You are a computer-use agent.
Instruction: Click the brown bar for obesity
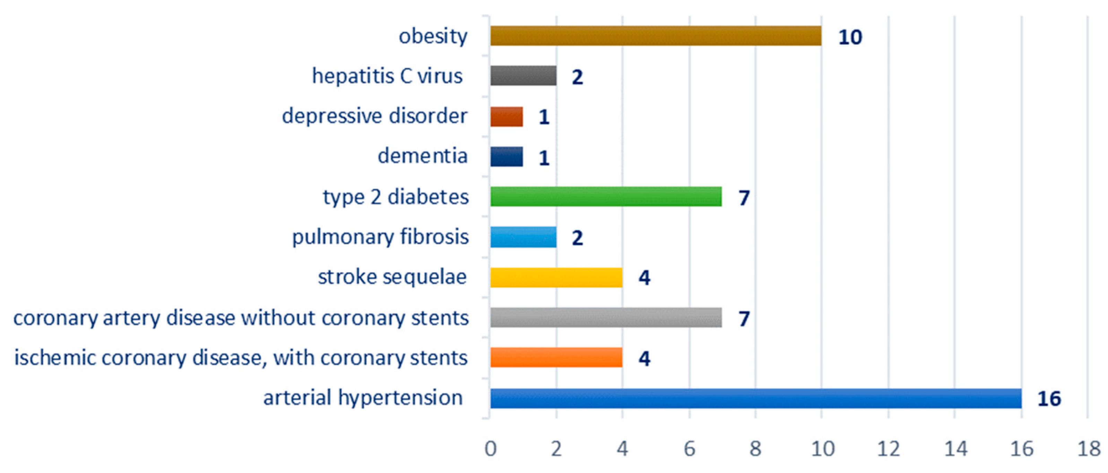656,36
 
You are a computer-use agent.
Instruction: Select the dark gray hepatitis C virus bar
523,76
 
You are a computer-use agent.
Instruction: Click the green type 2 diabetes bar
606,197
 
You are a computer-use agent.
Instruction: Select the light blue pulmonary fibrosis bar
523,237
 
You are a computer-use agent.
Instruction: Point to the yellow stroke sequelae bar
556,278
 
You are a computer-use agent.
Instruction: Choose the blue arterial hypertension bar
755,398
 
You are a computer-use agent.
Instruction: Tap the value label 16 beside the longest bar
1049,398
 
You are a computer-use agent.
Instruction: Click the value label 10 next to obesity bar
850,37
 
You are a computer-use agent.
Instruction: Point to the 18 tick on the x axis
1088,449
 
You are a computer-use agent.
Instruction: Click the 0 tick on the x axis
490,449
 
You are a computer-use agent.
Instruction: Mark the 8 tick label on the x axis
755,449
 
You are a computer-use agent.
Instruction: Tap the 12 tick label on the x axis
888,449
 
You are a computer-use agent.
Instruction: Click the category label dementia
422,156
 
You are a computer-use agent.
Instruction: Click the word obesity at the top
433,36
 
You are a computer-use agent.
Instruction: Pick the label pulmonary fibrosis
380,237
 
